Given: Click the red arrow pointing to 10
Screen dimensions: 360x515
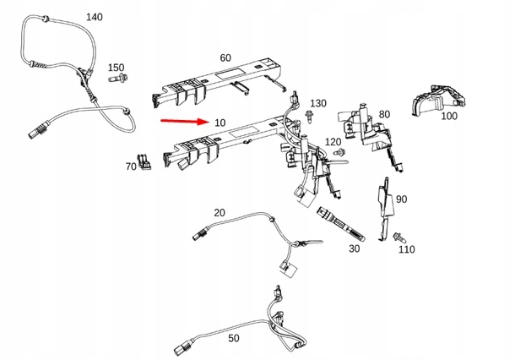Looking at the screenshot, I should coord(184,122).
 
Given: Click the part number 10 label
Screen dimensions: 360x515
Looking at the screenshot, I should coord(220,123).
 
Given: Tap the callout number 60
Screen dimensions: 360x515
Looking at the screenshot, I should coord(225,57).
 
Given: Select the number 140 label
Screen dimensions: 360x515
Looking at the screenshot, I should coord(95,17).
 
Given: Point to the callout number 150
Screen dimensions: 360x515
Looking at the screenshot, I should coord(116,68).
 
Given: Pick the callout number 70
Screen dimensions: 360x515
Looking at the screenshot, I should coord(131,167).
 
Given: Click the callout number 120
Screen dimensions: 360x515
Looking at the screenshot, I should coord(333,141).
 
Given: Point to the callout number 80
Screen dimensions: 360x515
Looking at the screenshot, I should coord(384,114).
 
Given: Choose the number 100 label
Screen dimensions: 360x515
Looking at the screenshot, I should coord(449,115).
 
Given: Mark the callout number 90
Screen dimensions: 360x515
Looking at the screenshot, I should coord(401,199).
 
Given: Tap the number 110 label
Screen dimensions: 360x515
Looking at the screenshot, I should coord(406,249).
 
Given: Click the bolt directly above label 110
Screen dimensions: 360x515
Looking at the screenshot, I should coord(398,237).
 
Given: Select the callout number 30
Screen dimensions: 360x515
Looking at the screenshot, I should coord(353,249).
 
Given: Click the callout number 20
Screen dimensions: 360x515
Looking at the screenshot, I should coord(220,212).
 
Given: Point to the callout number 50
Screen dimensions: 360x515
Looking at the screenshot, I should coord(234,338).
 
